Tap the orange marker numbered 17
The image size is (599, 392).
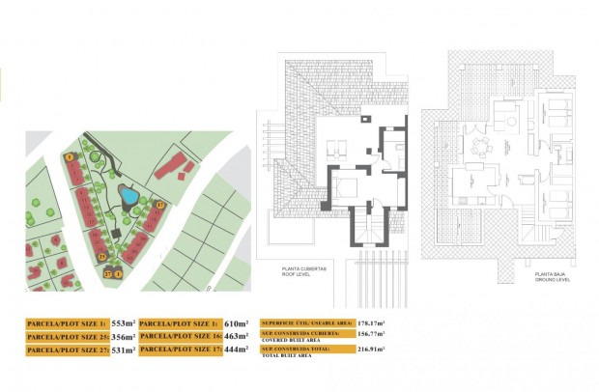pos(160,205)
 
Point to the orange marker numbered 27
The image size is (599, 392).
pos(108,274)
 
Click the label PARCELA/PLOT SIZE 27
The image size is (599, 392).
pos(67,351)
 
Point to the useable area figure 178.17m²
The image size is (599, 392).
pos(370,323)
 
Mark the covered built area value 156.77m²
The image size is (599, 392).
pos(370,336)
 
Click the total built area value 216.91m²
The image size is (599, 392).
pos(370,350)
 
